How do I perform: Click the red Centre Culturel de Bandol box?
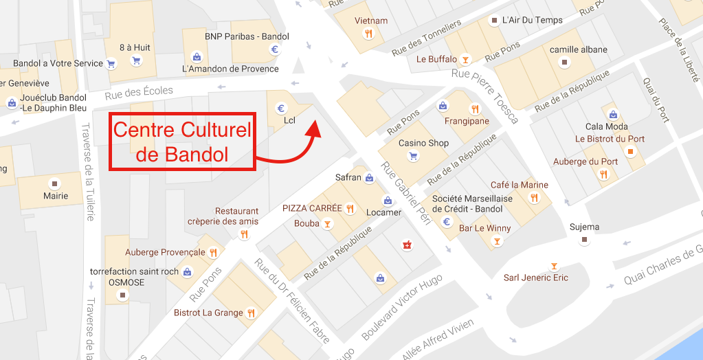pyautogui.click(x=182, y=142)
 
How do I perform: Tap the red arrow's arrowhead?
pyautogui.click(x=315, y=128)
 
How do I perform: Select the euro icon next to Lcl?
pyautogui.click(x=280, y=108)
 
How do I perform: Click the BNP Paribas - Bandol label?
pyautogui.click(x=236, y=36)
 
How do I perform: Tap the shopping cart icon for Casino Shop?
pyautogui.click(x=414, y=157)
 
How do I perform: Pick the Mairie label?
pyautogui.click(x=56, y=196)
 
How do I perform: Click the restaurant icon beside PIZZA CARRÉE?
pyautogui.click(x=350, y=208)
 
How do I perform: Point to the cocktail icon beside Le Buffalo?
pyautogui.click(x=466, y=60)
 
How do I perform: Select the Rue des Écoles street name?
pyautogui.click(x=140, y=91)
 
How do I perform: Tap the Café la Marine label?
pyautogui.click(x=519, y=185)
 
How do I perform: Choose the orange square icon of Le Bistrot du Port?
pyautogui.click(x=630, y=151)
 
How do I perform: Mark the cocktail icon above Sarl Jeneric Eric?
pyautogui.click(x=554, y=266)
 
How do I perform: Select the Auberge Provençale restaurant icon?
pyautogui.click(x=214, y=252)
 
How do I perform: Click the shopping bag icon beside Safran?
pyautogui.click(x=370, y=178)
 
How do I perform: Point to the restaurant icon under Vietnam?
pyautogui.click(x=369, y=34)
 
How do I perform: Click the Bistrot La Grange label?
pyautogui.click(x=208, y=313)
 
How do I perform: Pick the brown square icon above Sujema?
pyautogui.click(x=584, y=240)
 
